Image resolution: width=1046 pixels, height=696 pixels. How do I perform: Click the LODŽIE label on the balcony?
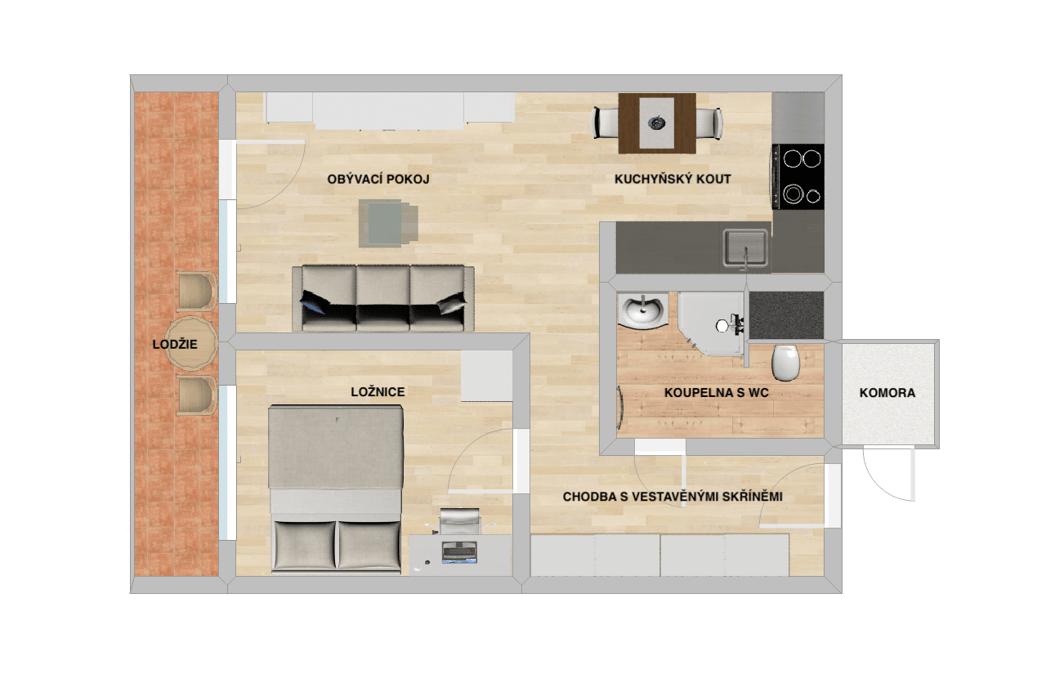tap(175, 344)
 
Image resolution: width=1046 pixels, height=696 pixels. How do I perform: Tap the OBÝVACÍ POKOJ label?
tap(378, 179)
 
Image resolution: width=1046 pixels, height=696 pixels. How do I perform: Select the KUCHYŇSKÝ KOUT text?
tap(673, 179)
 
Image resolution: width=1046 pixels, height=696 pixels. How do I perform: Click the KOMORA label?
tap(887, 393)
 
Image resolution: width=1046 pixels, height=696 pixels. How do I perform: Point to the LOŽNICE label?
tap(378, 391)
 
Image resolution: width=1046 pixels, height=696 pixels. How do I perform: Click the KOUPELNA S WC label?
tap(717, 393)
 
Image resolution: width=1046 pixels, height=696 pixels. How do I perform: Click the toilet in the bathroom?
tap(785, 363)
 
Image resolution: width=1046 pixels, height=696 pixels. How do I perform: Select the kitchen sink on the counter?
tap(745, 248)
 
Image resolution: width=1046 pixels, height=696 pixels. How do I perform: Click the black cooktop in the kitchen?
tap(798, 176)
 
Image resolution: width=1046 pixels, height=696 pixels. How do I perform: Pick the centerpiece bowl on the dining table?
tap(656, 123)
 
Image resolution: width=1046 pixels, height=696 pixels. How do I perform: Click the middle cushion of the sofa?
tap(383, 298)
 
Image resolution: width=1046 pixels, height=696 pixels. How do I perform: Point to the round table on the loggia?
tap(191, 343)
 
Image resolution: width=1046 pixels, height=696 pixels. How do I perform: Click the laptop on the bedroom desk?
tap(459, 552)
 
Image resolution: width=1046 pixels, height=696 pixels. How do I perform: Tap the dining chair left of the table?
tap(606, 123)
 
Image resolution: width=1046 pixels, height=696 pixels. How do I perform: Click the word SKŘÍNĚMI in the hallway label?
tap(753, 497)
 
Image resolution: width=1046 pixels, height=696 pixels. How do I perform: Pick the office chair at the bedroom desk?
tap(460, 521)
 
